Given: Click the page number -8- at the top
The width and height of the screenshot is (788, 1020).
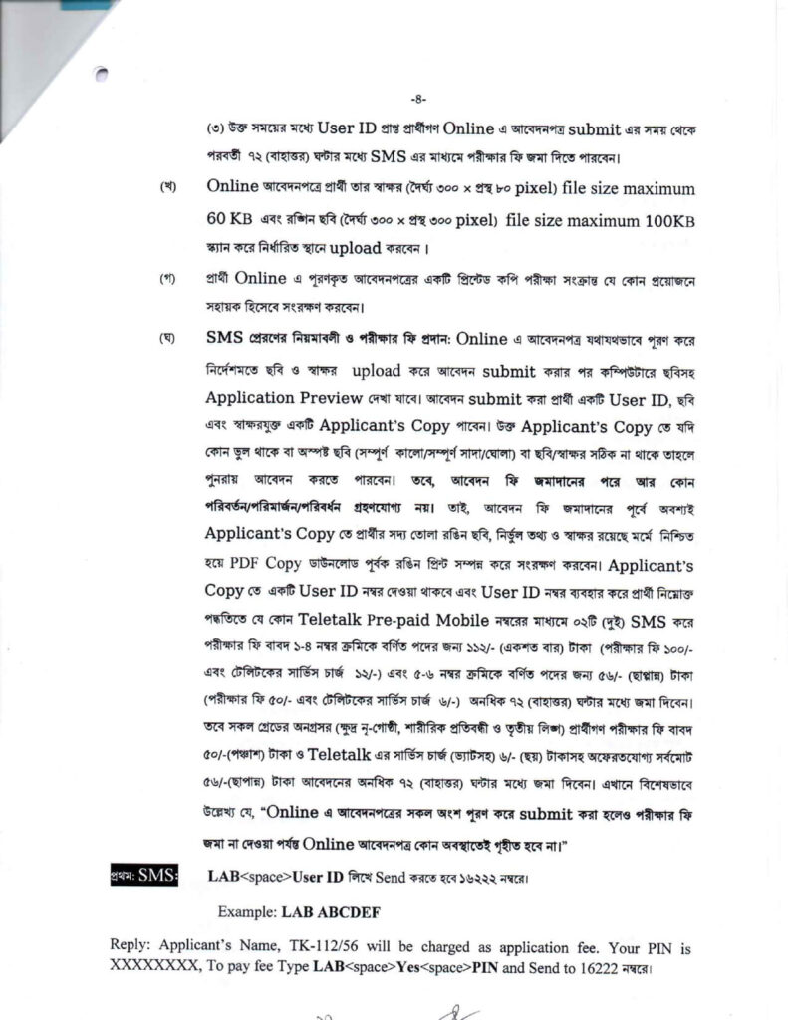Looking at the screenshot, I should pos(419,98).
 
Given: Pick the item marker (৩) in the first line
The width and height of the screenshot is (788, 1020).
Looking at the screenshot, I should pos(215,130).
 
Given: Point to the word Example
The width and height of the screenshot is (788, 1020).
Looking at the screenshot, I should pos(248,911).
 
